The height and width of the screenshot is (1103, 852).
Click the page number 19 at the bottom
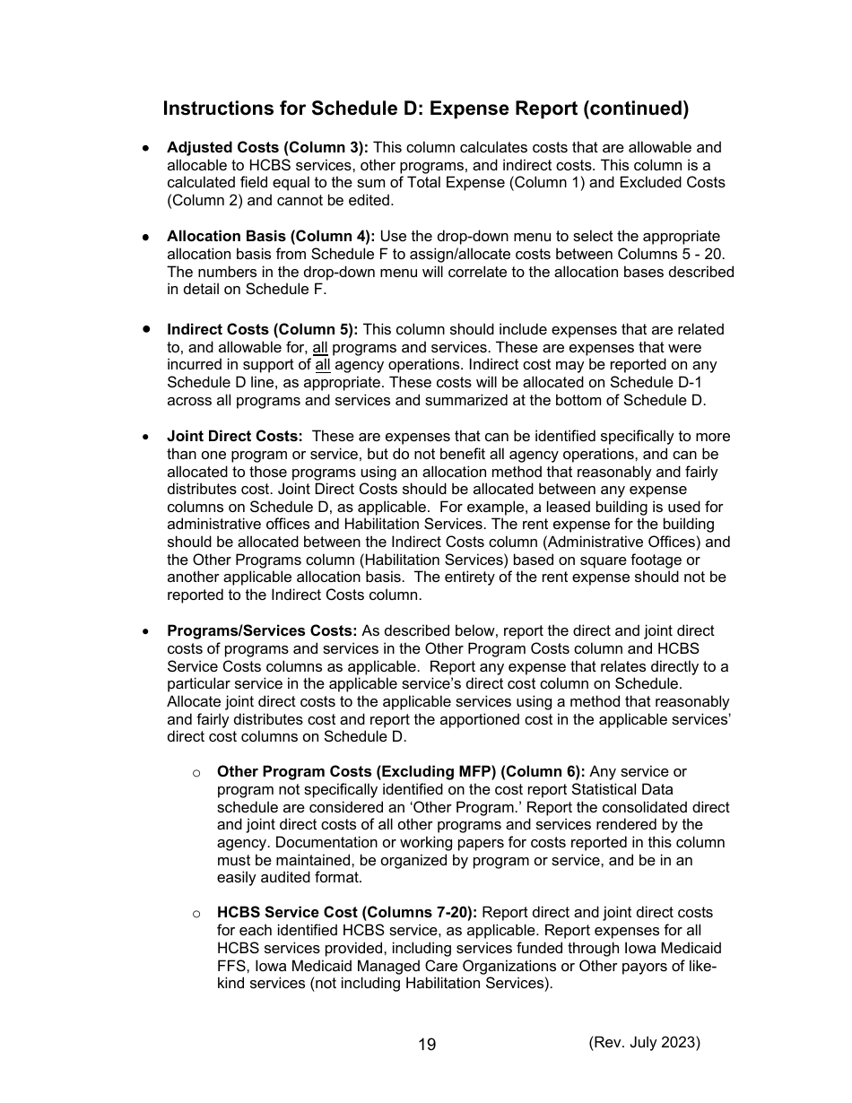pyautogui.click(x=427, y=1044)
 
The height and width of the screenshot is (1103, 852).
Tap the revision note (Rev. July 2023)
pyautogui.click(x=644, y=1042)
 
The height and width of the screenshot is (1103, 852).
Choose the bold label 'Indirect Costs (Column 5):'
pyautogui.click(x=262, y=329)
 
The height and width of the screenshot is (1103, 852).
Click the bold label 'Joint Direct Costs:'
pyautogui.click(x=235, y=436)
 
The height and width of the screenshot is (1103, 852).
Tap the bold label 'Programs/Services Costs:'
pyautogui.click(x=262, y=630)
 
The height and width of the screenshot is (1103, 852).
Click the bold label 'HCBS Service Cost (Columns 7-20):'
pyautogui.click(x=348, y=913)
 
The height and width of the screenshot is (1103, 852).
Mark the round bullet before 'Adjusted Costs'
pyautogui.click(x=145, y=148)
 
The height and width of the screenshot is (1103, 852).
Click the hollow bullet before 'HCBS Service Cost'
pyautogui.click(x=196, y=914)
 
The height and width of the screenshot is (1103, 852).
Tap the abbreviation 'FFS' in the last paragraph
pyautogui.click(x=234, y=966)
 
